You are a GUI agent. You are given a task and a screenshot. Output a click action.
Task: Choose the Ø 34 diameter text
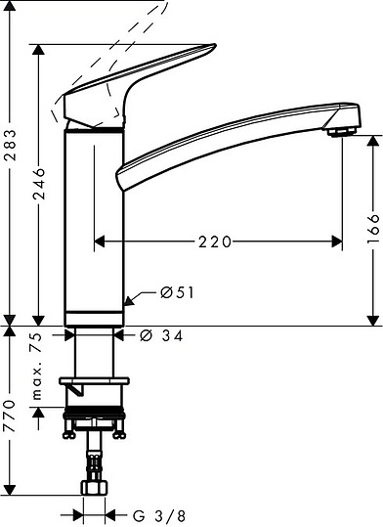[162, 335]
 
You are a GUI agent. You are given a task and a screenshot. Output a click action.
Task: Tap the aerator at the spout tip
[341, 131]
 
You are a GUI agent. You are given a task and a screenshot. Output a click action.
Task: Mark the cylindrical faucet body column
[95, 225]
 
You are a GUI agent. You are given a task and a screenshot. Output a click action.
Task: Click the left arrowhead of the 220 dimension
[96, 239]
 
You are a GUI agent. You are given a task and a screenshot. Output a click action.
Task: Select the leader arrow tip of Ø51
[129, 299]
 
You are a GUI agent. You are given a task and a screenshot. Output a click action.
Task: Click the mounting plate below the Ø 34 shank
[95, 380]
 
